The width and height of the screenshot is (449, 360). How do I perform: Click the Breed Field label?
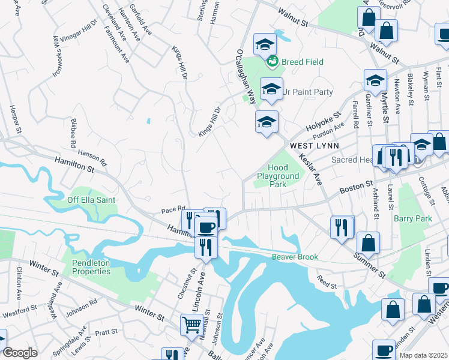(303, 62)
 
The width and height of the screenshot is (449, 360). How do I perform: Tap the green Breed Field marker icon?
(273, 61)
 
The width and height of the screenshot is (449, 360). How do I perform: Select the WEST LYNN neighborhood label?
(315, 146)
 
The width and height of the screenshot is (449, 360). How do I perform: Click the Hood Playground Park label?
(278, 176)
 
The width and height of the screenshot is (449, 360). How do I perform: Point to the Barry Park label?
(412, 218)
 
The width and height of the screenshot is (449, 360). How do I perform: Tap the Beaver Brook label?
(294, 257)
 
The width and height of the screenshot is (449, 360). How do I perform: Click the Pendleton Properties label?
(92, 267)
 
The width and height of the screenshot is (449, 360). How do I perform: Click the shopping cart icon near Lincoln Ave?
(192, 325)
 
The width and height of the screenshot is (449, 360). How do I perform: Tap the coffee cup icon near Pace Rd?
(206, 227)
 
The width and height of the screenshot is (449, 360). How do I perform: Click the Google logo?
(20, 353)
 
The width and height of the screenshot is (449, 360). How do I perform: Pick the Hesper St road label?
(15, 119)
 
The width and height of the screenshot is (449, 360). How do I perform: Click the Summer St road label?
(370, 264)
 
